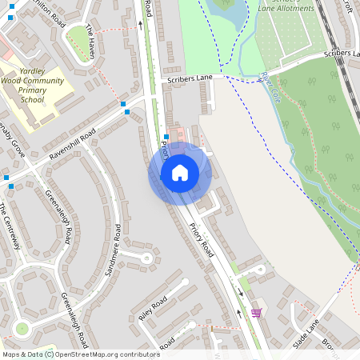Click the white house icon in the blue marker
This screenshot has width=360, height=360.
point(180,173)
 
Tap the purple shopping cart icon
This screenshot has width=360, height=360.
point(256,313)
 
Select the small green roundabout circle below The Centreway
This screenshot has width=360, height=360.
point(22,328)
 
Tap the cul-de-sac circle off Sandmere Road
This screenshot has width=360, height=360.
point(146,258)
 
